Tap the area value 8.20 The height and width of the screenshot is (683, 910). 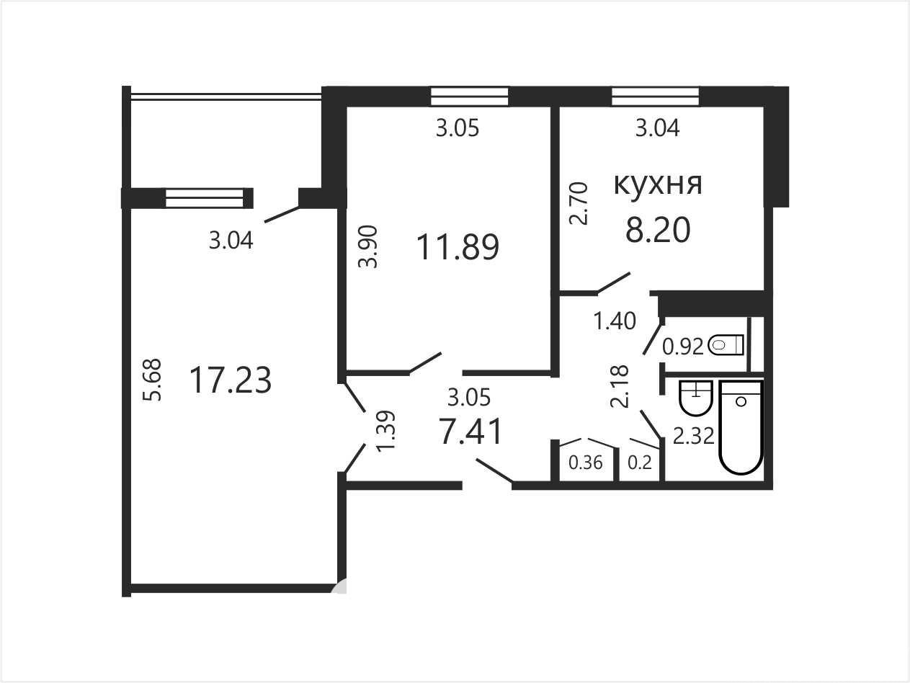pyautogui.click(x=658, y=230)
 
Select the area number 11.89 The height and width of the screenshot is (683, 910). pyautogui.click(x=458, y=247)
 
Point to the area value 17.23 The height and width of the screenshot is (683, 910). pyautogui.click(x=230, y=380)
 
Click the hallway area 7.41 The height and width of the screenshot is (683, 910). pyautogui.click(x=470, y=431)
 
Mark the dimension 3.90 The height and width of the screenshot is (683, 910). pyautogui.click(x=368, y=247)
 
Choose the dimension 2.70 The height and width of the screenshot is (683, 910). pyautogui.click(x=579, y=203)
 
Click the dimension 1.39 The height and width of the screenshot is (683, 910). pyautogui.click(x=385, y=430)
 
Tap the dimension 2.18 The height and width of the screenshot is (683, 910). pyautogui.click(x=620, y=386)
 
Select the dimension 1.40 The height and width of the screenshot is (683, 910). pyautogui.click(x=615, y=321)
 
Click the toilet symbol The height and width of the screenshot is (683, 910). pyautogui.click(x=726, y=345)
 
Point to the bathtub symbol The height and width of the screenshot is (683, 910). pyautogui.click(x=741, y=427)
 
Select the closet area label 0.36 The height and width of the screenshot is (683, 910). pyautogui.click(x=585, y=463)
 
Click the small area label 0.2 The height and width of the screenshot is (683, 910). pyautogui.click(x=640, y=463)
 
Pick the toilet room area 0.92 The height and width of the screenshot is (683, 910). pyautogui.click(x=683, y=347)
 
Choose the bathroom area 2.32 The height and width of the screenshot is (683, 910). pyautogui.click(x=693, y=436)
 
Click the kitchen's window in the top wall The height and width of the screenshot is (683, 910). pyautogui.click(x=656, y=97)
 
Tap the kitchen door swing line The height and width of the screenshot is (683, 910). pyautogui.click(x=614, y=283)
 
